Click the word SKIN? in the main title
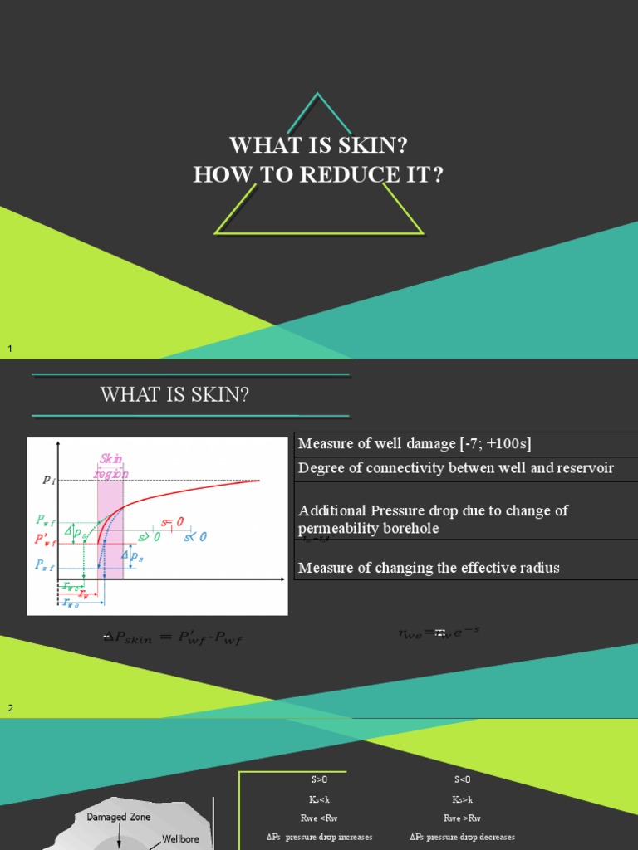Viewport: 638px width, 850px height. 368,146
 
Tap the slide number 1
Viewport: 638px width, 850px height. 10,349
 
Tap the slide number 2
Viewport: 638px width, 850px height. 11,708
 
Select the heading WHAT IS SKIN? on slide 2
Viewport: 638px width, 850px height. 174,395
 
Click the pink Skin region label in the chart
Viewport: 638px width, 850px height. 112,464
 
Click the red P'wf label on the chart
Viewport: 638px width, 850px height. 45,540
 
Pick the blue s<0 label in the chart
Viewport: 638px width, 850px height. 195,537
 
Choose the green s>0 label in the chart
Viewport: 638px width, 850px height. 150,537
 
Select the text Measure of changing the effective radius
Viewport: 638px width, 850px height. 429,568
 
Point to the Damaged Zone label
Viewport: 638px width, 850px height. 119,817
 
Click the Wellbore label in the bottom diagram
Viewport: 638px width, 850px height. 179,839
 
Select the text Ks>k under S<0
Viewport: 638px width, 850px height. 463,799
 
